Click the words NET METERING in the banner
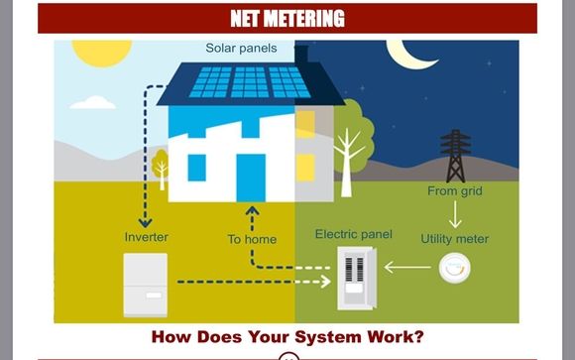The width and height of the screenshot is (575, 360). (x=287, y=18)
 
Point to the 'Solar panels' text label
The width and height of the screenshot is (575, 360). (x=241, y=48)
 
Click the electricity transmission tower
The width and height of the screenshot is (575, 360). (x=455, y=155)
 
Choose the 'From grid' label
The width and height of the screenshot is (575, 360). (x=455, y=190)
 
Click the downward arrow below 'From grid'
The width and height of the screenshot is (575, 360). (x=455, y=214)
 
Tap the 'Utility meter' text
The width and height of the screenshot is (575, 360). (x=455, y=239)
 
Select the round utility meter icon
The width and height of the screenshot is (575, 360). (x=454, y=267)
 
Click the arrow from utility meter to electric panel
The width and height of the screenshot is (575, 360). (x=407, y=267)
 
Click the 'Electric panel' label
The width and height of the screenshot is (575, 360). (x=353, y=234)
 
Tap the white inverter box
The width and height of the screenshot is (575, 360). (x=145, y=285)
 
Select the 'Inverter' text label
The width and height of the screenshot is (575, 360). (x=146, y=238)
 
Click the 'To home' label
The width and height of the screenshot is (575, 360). (x=252, y=239)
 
